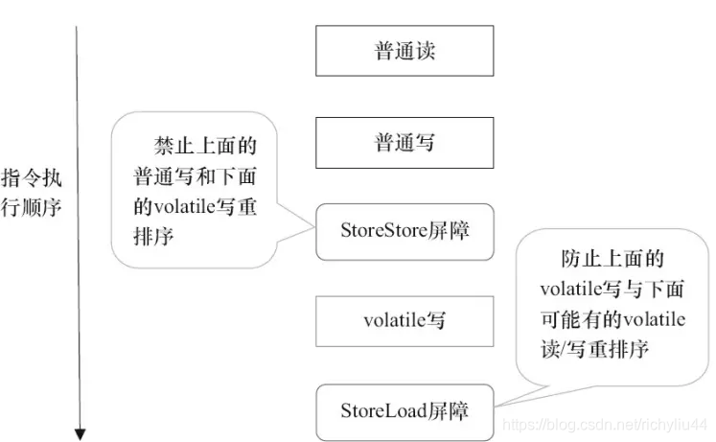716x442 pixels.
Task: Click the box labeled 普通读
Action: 404,51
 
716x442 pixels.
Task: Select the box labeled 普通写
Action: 404,143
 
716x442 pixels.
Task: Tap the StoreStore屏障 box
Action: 404,231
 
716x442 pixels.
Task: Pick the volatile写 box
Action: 404,321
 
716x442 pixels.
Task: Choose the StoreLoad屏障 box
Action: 404,411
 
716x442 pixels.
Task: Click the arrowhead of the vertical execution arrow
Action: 81,430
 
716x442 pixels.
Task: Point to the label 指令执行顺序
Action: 33,193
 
